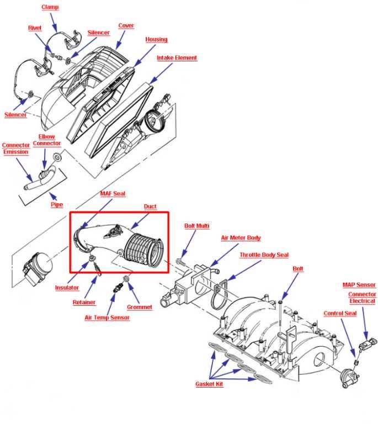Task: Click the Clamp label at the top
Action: click(x=50, y=8)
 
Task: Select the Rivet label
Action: click(x=35, y=28)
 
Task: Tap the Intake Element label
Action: click(x=177, y=58)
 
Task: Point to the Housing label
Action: click(x=156, y=40)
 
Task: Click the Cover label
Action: click(x=126, y=26)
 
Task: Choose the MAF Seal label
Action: click(x=113, y=194)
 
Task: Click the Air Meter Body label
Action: click(x=241, y=238)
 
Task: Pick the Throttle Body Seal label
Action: click(x=264, y=255)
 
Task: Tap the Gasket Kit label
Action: click(x=209, y=384)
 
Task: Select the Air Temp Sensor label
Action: click(x=107, y=318)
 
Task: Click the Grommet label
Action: click(x=140, y=307)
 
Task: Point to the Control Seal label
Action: click(x=339, y=314)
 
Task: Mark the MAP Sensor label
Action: click(x=359, y=285)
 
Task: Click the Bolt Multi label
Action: click(x=196, y=226)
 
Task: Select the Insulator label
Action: click(x=67, y=288)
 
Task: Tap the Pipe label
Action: click(x=57, y=205)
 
